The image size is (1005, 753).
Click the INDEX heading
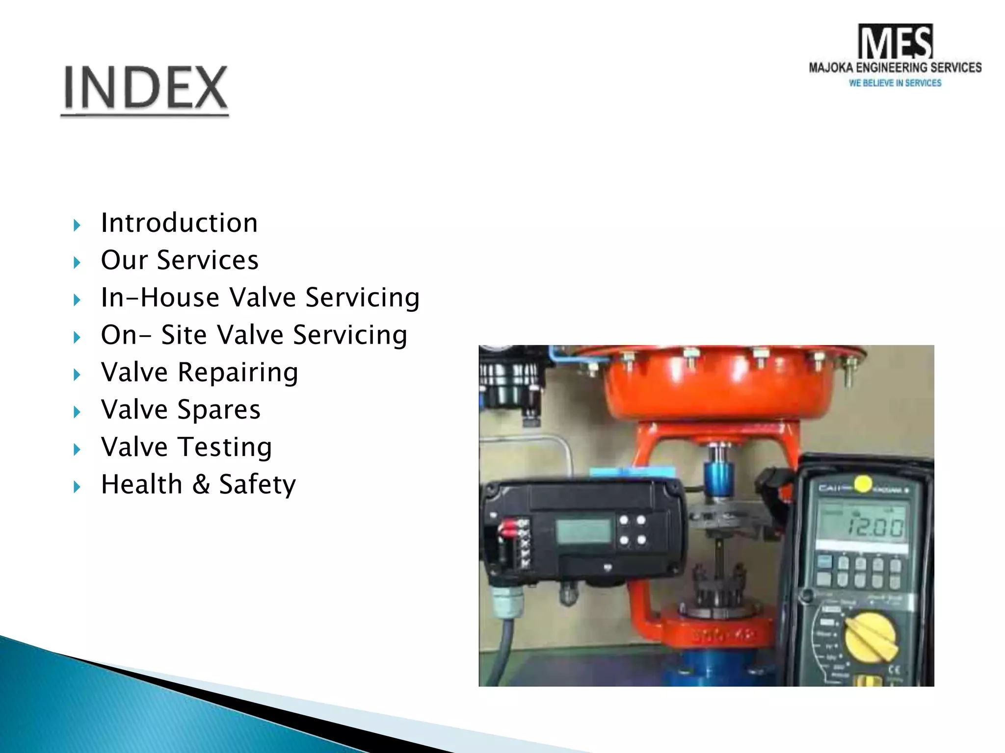(145, 88)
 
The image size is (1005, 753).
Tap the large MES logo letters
(895, 42)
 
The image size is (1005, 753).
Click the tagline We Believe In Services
(895, 83)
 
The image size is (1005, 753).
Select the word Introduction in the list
(179, 223)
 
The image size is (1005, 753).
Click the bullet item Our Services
(179, 260)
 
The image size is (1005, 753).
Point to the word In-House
(160, 298)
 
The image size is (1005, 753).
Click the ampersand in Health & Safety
(201, 484)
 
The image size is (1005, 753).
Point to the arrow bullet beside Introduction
(77, 226)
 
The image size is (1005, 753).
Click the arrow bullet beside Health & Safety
(77, 487)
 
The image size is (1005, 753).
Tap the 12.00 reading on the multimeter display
(875, 527)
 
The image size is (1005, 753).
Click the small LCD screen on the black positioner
(583, 530)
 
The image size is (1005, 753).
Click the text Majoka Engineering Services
(895, 68)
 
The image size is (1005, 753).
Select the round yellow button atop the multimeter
(863, 484)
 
